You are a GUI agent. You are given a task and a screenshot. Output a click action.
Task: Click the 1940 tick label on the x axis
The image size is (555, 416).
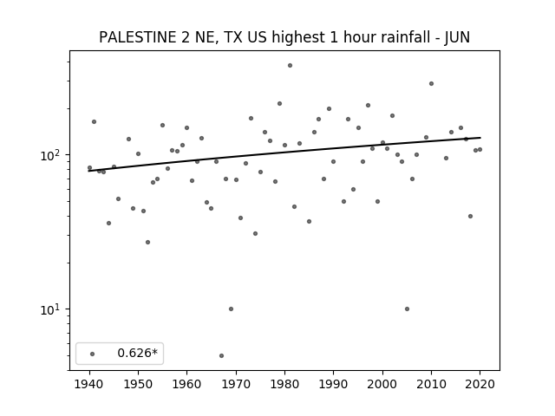click(89, 384)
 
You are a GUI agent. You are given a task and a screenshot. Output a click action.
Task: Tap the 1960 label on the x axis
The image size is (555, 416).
click(187, 384)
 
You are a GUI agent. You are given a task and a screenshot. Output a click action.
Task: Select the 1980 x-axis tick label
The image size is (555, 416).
click(284, 384)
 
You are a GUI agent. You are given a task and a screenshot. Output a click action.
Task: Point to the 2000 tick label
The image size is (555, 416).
click(382, 384)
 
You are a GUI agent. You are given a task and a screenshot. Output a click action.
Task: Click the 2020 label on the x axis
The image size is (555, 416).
click(480, 384)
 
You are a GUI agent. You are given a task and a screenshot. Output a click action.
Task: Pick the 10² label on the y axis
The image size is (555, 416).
click(52, 155)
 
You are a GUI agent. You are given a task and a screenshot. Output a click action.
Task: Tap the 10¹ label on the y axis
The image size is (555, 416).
click(52, 309)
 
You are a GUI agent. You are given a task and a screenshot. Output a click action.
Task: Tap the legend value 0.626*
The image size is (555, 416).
click(137, 353)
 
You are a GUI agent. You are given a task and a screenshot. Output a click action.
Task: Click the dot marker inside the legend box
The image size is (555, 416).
click(93, 354)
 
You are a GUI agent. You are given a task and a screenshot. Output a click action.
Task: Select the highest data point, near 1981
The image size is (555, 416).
click(290, 66)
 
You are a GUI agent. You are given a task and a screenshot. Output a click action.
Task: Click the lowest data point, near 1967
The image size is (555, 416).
click(222, 355)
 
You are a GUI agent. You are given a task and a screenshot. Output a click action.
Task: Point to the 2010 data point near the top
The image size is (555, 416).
click(431, 84)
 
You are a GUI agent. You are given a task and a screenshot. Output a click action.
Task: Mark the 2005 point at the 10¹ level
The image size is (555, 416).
click(407, 309)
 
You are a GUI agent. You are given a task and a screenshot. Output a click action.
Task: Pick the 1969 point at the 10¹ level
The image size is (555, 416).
click(232, 309)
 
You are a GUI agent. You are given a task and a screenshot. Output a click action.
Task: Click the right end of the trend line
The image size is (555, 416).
click(480, 138)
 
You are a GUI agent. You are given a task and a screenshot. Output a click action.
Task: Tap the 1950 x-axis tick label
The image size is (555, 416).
click(139, 384)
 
